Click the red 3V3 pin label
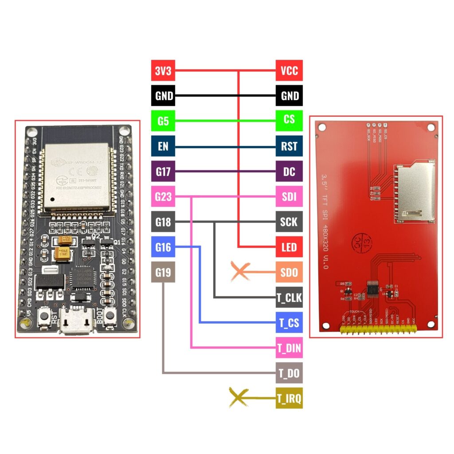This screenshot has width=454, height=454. point(163,70)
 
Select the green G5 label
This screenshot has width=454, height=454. point(163,121)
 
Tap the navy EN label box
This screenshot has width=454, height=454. point(163,146)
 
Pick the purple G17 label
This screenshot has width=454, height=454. point(163,172)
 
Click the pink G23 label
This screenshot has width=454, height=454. point(163,197)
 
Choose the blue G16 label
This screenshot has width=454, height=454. point(163,247)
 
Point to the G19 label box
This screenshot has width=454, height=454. point(163,272)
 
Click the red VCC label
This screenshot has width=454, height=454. point(289,70)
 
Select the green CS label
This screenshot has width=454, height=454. point(289,121)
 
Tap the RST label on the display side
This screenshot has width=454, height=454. point(289,146)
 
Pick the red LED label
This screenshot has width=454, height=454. point(289,247)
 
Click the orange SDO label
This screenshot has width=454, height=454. point(289,272)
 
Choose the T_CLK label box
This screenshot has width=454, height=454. point(289,298)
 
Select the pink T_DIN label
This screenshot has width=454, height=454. point(289,348)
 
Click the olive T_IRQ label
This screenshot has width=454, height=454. point(289,399)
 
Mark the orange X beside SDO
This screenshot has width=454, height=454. point(240,272)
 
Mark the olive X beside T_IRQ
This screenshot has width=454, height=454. point(238,398)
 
